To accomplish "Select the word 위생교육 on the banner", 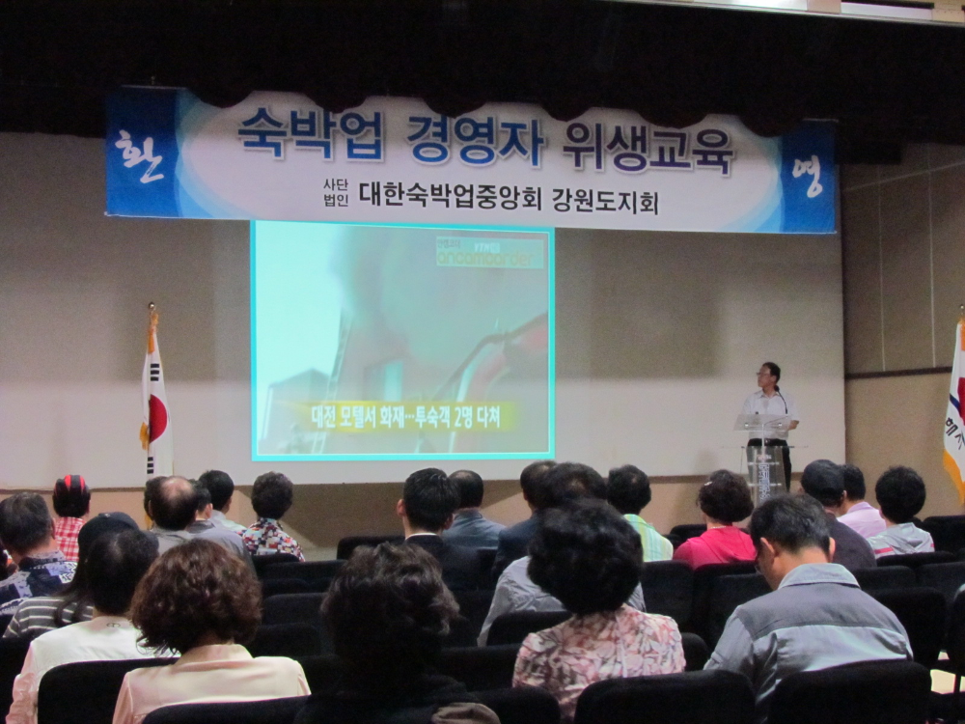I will pyautogui.click(x=648, y=148).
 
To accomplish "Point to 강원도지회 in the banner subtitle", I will pyautogui.click(x=605, y=201).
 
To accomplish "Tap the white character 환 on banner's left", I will pyautogui.click(x=140, y=157).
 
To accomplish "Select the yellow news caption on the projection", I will pyautogui.click(x=406, y=416).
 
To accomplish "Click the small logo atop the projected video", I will pyautogui.click(x=489, y=253).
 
